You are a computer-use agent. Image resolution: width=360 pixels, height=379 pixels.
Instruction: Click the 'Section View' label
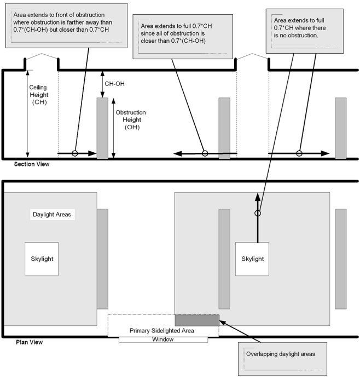pyautogui.click(x=32, y=164)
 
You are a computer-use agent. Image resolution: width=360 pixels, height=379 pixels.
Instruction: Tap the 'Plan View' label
pyautogui.click(x=29, y=342)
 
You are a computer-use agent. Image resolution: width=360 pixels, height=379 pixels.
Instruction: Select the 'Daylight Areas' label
pyautogui.click(x=52, y=214)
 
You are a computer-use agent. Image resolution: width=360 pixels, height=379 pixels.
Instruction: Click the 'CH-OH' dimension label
pyautogui.click(x=114, y=84)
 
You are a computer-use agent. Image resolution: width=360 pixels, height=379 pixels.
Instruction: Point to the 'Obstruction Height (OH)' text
pyautogui.click(x=131, y=119)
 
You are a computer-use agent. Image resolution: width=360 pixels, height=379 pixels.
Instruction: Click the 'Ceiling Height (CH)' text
pyautogui.click(x=39, y=95)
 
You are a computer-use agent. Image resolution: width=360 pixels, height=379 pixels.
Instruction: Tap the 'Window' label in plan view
pyautogui.click(x=162, y=340)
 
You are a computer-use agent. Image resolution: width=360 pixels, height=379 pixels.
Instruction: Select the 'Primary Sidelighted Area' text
pyautogui.click(x=162, y=330)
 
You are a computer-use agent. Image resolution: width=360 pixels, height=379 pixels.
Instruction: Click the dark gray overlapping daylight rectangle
pyautogui.click(x=197, y=320)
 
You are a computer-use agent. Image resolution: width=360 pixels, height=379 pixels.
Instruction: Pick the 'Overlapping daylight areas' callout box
pyautogui.click(x=282, y=359)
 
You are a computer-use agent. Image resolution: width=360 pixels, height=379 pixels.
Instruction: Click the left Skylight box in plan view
pyautogui.click(x=42, y=259)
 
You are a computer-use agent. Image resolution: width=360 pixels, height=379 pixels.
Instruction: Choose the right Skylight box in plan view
pyautogui.click(x=252, y=259)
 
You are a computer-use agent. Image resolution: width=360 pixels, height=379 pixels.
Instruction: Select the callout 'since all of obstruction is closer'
pyautogui.click(x=183, y=37)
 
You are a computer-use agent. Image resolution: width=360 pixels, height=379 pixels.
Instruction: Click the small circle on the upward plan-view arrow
pyautogui.click(x=258, y=213)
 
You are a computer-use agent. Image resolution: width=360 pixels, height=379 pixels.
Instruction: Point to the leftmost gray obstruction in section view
pyautogui.click(x=102, y=128)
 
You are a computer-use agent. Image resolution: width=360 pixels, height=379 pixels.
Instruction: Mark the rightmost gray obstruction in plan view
pyautogui.click(x=340, y=259)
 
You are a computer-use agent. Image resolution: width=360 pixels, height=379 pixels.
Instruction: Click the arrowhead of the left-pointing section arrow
pyautogui.click(x=178, y=153)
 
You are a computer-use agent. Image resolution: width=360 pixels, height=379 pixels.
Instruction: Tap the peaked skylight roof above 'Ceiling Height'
pyautogui.click(x=42, y=56)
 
